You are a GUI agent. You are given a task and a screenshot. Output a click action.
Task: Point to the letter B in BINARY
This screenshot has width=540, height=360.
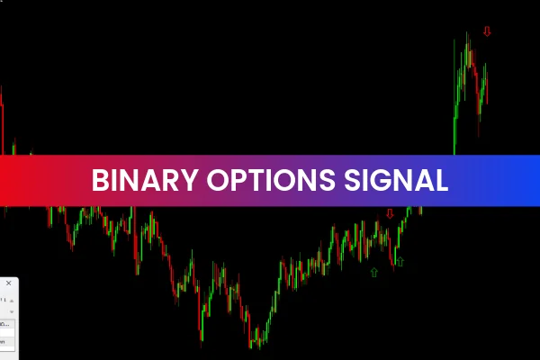(x=100, y=180)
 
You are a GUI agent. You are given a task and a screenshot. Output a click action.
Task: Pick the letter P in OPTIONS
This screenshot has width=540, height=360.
(x=238, y=180)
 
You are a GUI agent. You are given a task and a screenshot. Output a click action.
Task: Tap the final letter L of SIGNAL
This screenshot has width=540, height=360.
(x=441, y=180)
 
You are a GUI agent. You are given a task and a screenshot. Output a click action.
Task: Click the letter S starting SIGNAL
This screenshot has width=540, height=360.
(x=354, y=180)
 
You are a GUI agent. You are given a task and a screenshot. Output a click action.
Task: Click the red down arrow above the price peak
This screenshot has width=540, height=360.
(x=487, y=31)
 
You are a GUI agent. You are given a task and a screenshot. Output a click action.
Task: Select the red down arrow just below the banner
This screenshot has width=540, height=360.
(x=390, y=214)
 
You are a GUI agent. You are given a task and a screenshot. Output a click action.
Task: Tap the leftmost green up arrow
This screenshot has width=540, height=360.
(x=373, y=271)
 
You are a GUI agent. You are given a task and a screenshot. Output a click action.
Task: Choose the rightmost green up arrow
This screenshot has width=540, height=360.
(x=400, y=262)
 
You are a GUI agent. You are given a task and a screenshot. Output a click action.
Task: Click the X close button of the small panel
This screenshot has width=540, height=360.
(x=8, y=283)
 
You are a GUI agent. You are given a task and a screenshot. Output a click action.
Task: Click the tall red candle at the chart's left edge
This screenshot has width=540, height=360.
(x=2, y=117)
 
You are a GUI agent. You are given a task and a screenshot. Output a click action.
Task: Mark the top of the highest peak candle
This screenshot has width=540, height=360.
(x=467, y=34)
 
